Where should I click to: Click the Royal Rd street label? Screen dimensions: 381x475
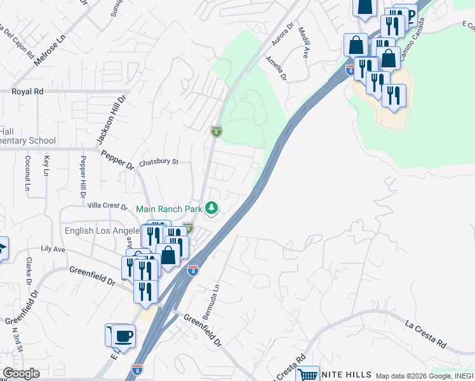[27, 91]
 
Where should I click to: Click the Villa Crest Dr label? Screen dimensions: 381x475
[107, 206]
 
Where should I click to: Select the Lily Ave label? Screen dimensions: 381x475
[53, 250]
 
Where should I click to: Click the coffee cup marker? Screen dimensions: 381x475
[123, 335]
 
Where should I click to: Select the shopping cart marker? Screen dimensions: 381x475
[307, 375]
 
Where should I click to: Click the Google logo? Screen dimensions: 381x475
[21, 373]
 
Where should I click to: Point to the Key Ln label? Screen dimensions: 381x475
[46, 167]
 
